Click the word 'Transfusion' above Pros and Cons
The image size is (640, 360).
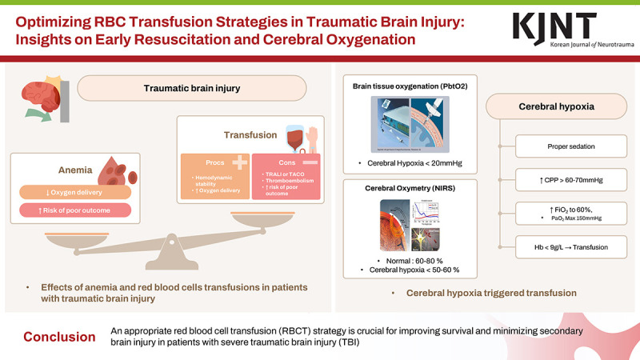pos(250,136)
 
